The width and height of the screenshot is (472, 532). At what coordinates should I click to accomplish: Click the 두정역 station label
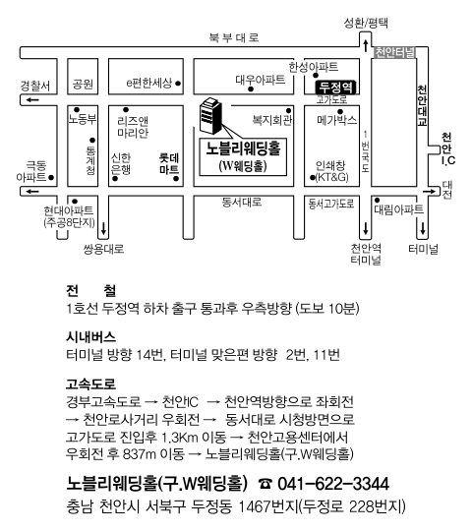335,88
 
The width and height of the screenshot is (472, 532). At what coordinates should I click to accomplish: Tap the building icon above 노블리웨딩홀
211,116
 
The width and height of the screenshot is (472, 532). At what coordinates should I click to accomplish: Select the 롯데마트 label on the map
169,163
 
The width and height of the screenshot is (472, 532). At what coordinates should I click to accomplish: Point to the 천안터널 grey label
394,52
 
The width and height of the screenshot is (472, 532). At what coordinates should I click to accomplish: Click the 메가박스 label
336,120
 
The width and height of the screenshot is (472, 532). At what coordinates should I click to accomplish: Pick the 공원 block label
83,84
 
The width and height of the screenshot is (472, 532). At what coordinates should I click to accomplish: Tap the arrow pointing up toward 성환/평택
366,45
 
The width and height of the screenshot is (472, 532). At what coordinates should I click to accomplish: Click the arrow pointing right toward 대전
430,192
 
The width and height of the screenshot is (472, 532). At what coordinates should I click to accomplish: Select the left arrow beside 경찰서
33,100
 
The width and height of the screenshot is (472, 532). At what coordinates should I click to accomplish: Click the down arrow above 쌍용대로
103,228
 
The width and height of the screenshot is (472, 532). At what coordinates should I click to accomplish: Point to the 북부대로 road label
234,37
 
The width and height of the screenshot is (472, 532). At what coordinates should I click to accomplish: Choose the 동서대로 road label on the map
242,203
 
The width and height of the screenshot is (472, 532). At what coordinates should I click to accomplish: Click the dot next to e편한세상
178,84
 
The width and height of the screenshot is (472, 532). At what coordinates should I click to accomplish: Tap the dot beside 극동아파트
51,177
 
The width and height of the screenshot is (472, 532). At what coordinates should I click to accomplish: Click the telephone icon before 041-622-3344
265,484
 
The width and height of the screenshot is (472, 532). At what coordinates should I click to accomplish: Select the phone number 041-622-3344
333,484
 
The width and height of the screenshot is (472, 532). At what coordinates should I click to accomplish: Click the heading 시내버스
90,337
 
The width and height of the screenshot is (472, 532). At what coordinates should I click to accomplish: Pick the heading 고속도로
90,384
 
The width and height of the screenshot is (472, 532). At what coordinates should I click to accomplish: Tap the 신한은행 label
121,163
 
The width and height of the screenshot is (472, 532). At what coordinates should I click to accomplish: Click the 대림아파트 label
398,209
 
